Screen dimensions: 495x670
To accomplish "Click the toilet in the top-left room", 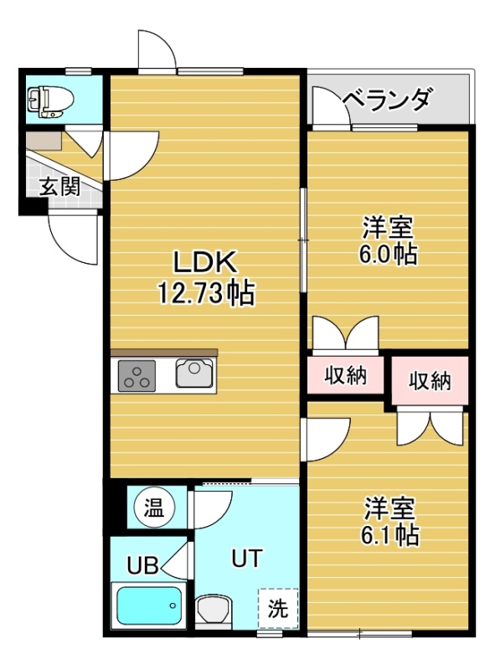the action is pyautogui.click(x=49, y=101).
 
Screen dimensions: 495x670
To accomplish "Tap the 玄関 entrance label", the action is pyautogui.click(x=59, y=186).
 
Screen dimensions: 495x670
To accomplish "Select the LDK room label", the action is pyautogui.click(x=205, y=262).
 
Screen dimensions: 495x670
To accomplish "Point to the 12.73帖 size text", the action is pyautogui.click(x=207, y=292).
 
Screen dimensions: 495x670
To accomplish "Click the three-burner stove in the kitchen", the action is pyautogui.click(x=137, y=375).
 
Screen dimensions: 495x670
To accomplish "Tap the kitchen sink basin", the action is pyautogui.click(x=194, y=373).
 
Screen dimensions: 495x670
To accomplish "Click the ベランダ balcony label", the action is pyautogui.click(x=387, y=100).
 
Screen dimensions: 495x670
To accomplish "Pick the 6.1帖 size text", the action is pyautogui.click(x=389, y=534).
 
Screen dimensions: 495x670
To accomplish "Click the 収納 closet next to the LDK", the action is pyautogui.click(x=345, y=375).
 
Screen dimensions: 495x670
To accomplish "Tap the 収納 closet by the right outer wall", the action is pyautogui.click(x=430, y=381).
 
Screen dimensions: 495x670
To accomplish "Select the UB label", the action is pyautogui.click(x=142, y=566).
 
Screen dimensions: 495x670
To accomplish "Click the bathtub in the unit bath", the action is pyautogui.click(x=149, y=606).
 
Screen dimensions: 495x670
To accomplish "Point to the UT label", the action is pyautogui.click(x=246, y=558).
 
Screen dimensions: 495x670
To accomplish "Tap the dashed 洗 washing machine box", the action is pyautogui.click(x=278, y=608).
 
